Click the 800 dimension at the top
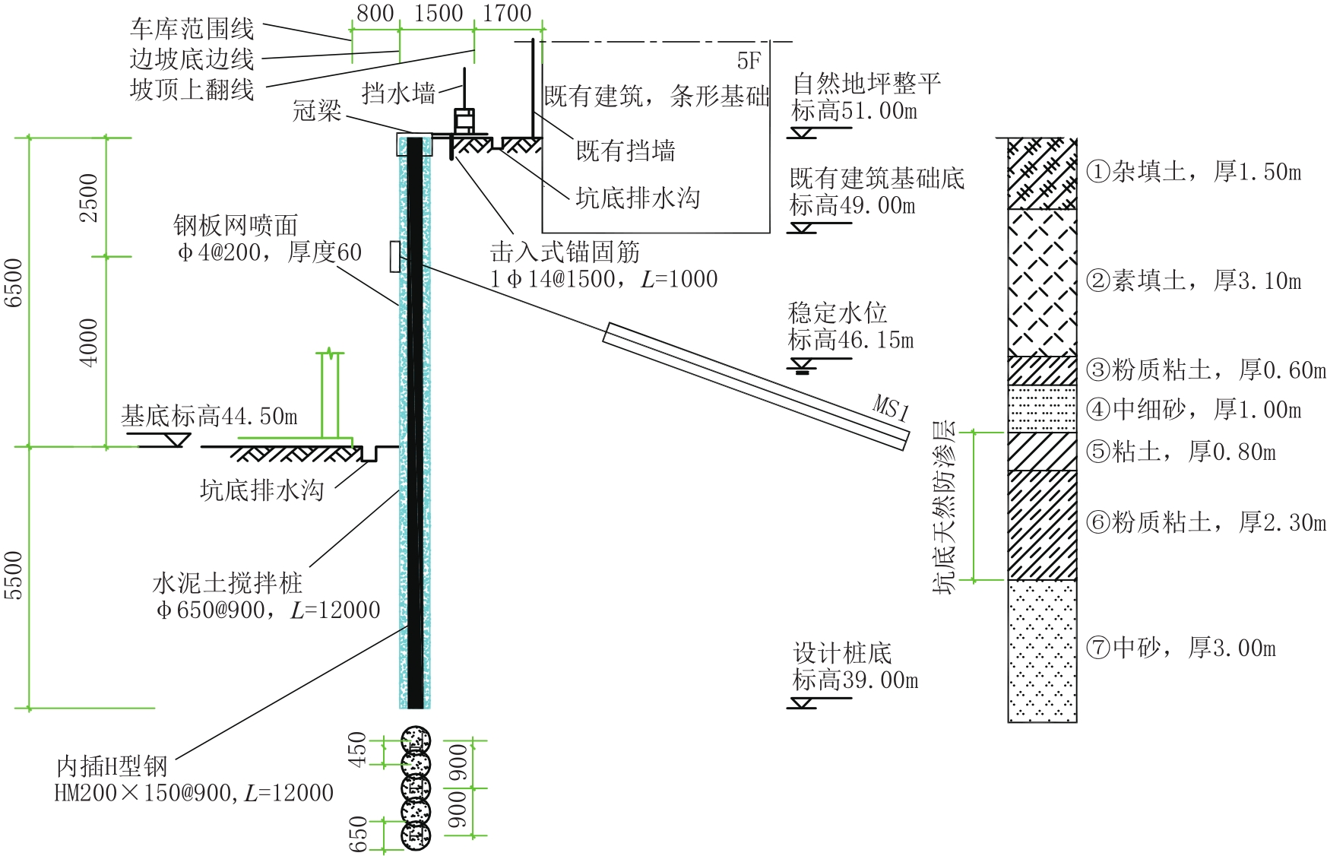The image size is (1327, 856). [375, 14]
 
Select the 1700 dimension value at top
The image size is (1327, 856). [507, 14]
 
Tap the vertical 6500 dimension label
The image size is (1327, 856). [14, 283]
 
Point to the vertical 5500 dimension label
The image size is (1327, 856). [14, 575]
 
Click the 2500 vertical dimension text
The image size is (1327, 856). [89, 198]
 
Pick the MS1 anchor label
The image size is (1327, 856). [891, 407]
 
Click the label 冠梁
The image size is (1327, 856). [317, 111]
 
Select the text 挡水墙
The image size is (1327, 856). [399, 94]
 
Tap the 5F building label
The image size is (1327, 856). [749, 61]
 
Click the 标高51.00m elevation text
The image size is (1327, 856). [854, 111]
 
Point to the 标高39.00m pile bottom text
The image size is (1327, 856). [855, 680]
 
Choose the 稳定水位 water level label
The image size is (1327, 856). [838, 312]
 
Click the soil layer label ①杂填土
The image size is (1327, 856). [1136, 172]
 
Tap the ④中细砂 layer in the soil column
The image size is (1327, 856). [1042, 409]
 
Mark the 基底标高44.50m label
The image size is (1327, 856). [210, 416]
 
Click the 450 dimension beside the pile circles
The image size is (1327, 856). [357, 749]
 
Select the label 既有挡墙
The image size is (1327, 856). [625, 151]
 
